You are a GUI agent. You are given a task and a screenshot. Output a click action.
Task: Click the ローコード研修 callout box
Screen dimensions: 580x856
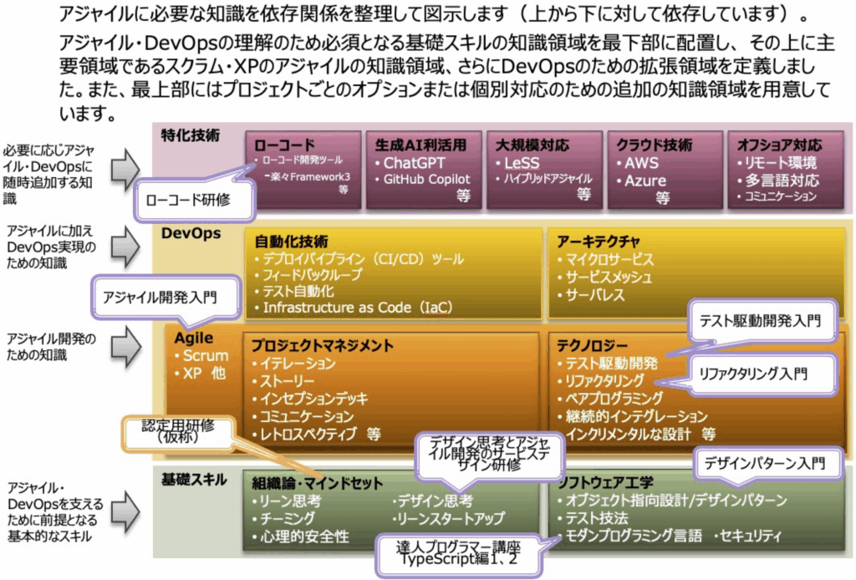click(187, 200)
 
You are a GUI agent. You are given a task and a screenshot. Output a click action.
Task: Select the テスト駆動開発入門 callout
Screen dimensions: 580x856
click(760, 320)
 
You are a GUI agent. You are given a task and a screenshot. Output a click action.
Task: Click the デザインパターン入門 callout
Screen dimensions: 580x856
click(763, 461)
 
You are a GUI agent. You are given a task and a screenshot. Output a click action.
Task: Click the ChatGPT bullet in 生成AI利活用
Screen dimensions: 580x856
click(415, 163)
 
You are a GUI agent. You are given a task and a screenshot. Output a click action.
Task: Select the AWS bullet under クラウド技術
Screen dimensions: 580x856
click(641, 164)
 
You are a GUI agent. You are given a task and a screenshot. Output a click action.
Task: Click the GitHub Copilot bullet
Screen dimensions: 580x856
click(426, 179)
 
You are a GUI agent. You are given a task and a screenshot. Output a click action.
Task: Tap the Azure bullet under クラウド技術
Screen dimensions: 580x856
click(646, 181)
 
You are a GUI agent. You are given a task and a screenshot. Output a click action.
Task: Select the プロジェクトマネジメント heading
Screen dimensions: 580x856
click(323, 345)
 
